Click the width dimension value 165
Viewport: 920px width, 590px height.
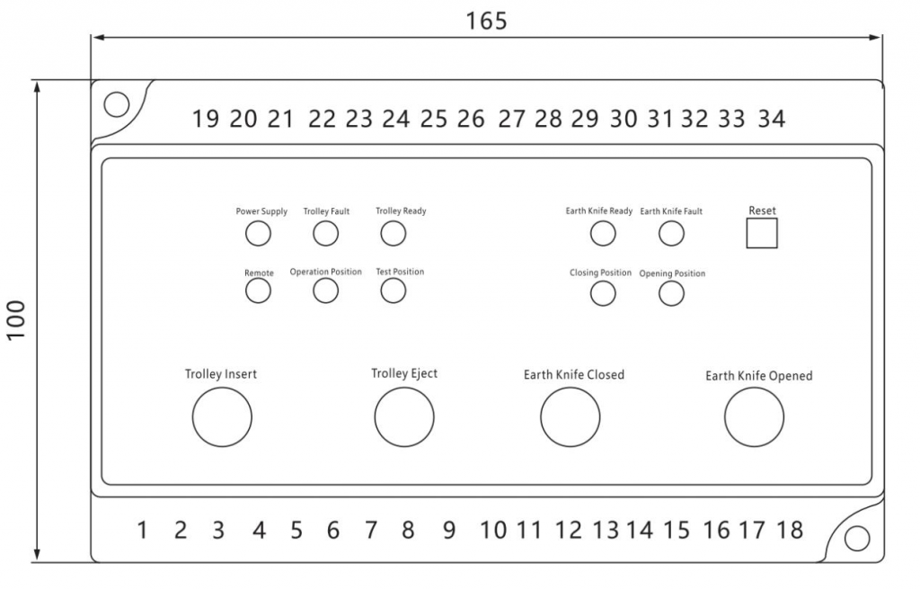point(486,22)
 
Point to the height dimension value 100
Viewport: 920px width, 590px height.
point(16,319)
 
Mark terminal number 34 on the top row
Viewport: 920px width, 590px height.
point(772,120)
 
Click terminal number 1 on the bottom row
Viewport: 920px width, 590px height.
point(142,530)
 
